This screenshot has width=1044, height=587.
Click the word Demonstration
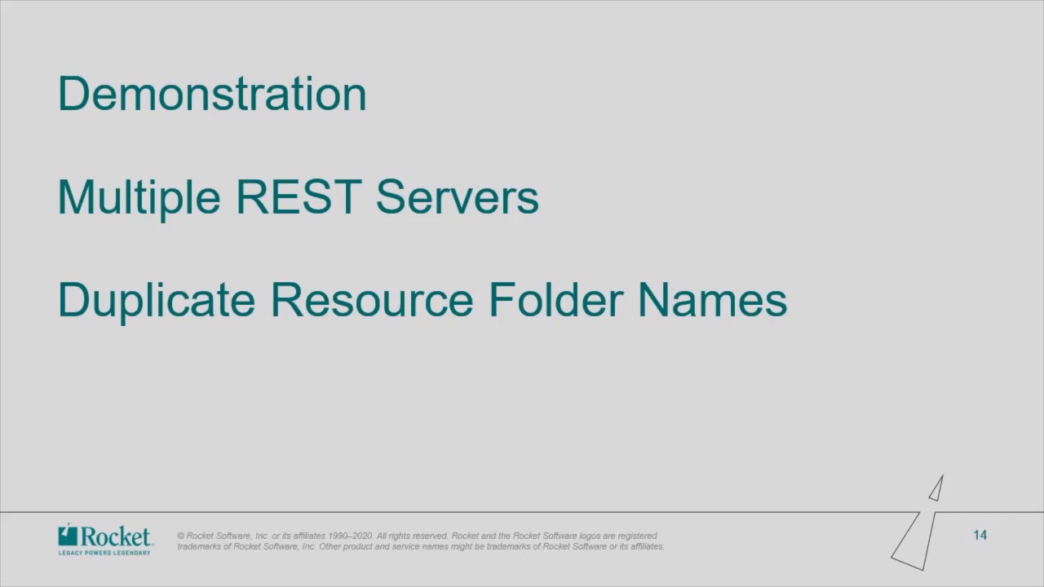coord(212,94)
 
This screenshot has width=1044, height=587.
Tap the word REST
coord(298,196)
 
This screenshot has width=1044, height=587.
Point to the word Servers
coord(457,196)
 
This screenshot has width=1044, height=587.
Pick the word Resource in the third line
coord(371,299)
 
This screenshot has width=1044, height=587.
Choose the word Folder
coord(555,299)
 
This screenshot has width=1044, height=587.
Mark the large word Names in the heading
coord(712,299)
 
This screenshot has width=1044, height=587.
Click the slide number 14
coord(980,535)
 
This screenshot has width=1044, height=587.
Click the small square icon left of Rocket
coord(68,536)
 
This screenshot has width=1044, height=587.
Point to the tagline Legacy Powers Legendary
coord(104,552)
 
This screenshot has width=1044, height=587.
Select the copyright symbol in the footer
coord(181,536)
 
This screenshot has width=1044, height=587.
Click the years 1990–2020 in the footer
coord(351,536)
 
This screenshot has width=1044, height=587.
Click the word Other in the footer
coord(330,546)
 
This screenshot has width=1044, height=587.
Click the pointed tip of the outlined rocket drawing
coord(942,476)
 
